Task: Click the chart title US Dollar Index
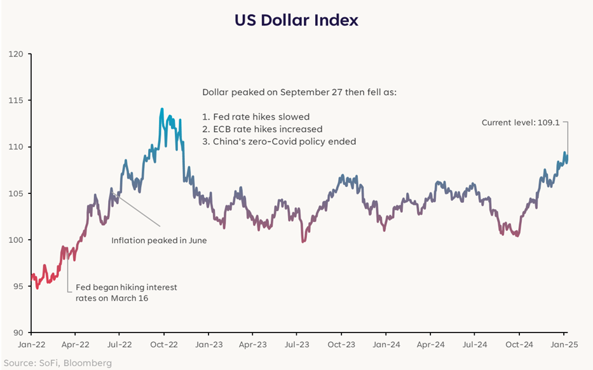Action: click(x=296, y=20)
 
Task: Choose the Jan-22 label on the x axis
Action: click(x=31, y=343)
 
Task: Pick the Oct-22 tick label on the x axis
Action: click(x=163, y=343)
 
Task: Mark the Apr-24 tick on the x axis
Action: click(x=430, y=343)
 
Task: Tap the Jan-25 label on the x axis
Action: click(x=564, y=343)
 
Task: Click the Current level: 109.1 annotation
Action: click(x=520, y=123)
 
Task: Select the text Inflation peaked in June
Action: click(x=159, y=241)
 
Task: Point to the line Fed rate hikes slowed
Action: click(x=256, y=117)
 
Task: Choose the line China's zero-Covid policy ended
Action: click(x=279, y=142)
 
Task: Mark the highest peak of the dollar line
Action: click(x=162, y=109)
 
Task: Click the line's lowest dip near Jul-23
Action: click(x=303, y=242)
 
